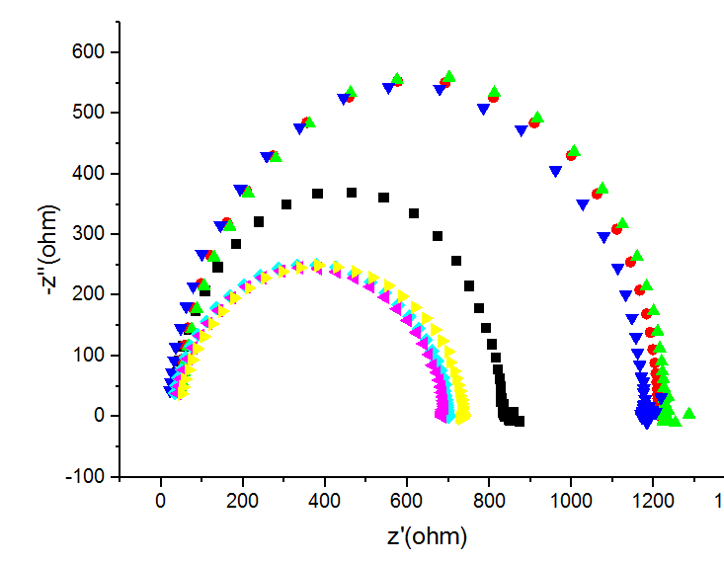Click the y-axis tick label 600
[x=90, y=52]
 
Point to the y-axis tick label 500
[x=90, y=113]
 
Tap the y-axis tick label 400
[x=90, y=173]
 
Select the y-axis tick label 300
[x=90, y=234]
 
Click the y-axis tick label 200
[x=90, y=294]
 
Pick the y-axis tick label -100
[x=87, y=476]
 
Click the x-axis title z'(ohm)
[x=426, y=537]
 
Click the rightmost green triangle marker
[x=688, y=413]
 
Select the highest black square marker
[x=351, y=193]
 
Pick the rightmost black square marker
[x=520, y=421]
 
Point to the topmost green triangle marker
[x=449, y=76]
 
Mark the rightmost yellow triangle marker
[x=463, y=417]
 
